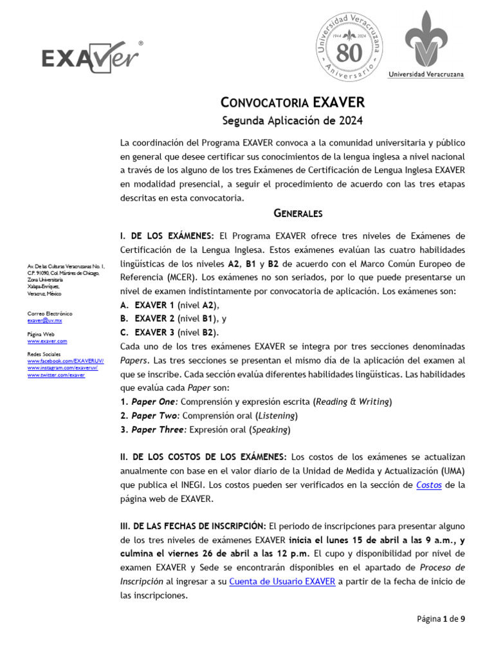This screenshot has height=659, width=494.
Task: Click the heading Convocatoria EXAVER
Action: click(x=293, y=102)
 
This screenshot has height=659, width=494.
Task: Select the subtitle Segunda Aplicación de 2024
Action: click(x=293, y=120)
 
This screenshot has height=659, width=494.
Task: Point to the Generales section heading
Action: click(x=298, y=213)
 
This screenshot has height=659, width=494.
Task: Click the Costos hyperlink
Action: click(x=428, y=485)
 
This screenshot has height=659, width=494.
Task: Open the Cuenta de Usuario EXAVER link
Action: click(x=282, y=582)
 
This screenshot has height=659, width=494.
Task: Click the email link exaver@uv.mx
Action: click(x=44, y=320)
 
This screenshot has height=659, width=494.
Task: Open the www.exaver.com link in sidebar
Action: click(x=47, y=341)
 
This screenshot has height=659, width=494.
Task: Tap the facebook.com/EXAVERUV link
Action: click(x=65, y=362)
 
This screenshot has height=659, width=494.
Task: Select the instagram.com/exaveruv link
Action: click(x=62, y=368)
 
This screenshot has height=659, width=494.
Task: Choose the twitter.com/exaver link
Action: click(x=56, y=375)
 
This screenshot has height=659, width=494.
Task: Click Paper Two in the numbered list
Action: click(x=154, y=416)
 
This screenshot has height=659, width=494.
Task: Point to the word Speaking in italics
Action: click(x=270, y=430)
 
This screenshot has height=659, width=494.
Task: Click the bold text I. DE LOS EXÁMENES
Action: click(x=167, y=236)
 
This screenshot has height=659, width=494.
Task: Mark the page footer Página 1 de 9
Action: click(x=441, y=619)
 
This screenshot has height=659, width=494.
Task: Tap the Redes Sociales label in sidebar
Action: click(x=43, y=355)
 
